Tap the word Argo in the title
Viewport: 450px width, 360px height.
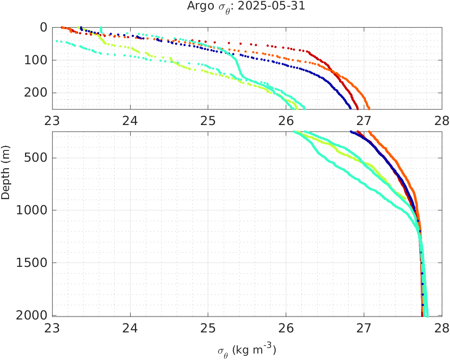[198, 6]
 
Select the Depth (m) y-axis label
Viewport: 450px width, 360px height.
[6, 172]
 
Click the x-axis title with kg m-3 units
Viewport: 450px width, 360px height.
[247, 350]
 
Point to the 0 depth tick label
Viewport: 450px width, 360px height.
[43, 27]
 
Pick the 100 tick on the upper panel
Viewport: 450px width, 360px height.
[35, 60]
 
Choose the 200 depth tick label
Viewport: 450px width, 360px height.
[35, 93]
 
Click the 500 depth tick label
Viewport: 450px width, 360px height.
[35, 158]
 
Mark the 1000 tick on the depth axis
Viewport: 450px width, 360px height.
[32, 210]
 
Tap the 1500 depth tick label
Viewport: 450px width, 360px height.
[32, 263]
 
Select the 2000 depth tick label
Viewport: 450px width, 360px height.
[32, 315]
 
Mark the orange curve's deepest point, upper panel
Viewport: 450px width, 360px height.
[369, 108]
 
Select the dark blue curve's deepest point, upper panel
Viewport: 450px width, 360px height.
[350, 108]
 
